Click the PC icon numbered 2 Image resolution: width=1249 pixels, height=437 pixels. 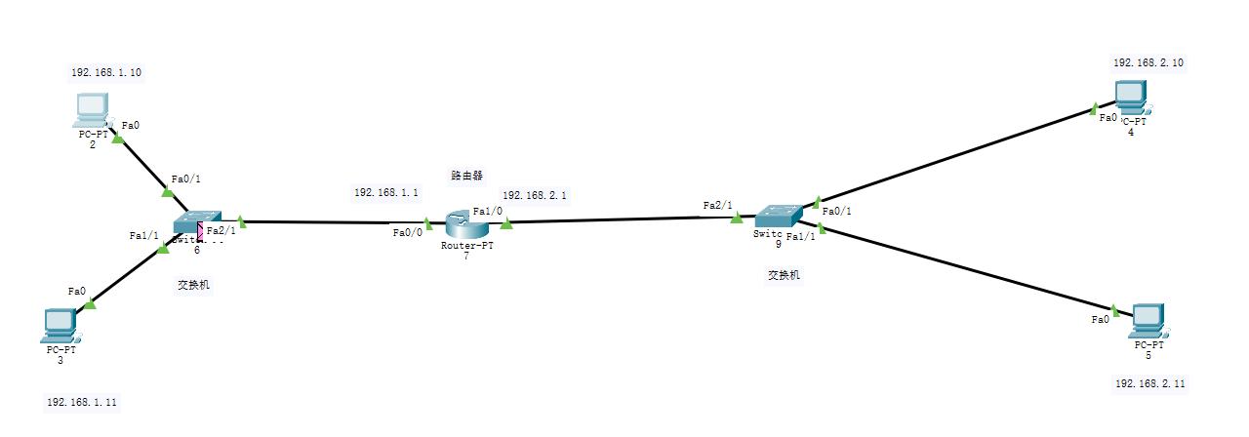click(92, 109)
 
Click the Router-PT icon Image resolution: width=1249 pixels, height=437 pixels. click(465, 225)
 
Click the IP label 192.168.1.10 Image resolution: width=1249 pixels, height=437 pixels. click(100, 73)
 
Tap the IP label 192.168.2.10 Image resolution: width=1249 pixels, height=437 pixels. click(1148, 62)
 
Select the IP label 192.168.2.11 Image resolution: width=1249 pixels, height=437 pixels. click(1149, 384)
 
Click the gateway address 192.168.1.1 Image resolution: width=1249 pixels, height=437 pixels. click(386, 193)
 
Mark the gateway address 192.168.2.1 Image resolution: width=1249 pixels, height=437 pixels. click(535, 195)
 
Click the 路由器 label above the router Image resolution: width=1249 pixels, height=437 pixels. click(467, 176)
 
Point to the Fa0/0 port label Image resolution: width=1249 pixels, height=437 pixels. click(408, 232)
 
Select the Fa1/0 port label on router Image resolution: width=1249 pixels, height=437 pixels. click(487, 211)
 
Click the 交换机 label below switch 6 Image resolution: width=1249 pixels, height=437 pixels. click(193, 285)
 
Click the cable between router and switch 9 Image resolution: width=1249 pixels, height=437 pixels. click(624, 220)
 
